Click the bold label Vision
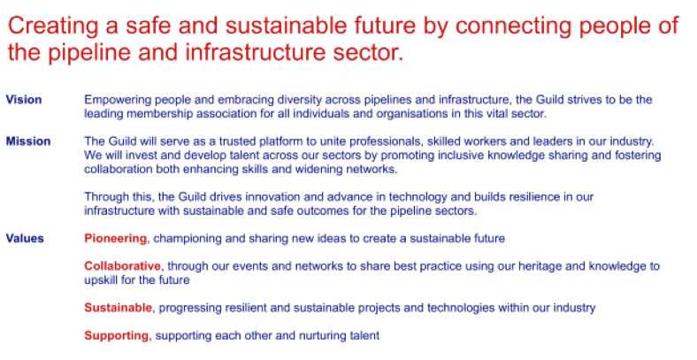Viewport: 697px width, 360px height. (24, 100)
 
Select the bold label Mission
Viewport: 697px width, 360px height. (28, 142)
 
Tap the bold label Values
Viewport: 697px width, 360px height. (25, 239)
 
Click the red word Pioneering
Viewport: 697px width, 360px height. (116, 239)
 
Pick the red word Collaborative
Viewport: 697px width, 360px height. (123, 266)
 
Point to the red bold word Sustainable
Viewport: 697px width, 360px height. (119, 308)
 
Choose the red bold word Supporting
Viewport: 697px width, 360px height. (117, 335)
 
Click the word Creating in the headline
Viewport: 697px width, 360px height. (53, 26)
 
